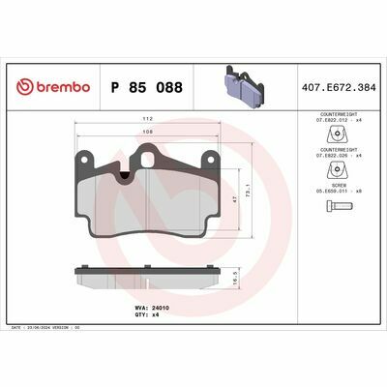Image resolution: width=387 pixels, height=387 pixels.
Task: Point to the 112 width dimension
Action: tap(148, 120)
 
